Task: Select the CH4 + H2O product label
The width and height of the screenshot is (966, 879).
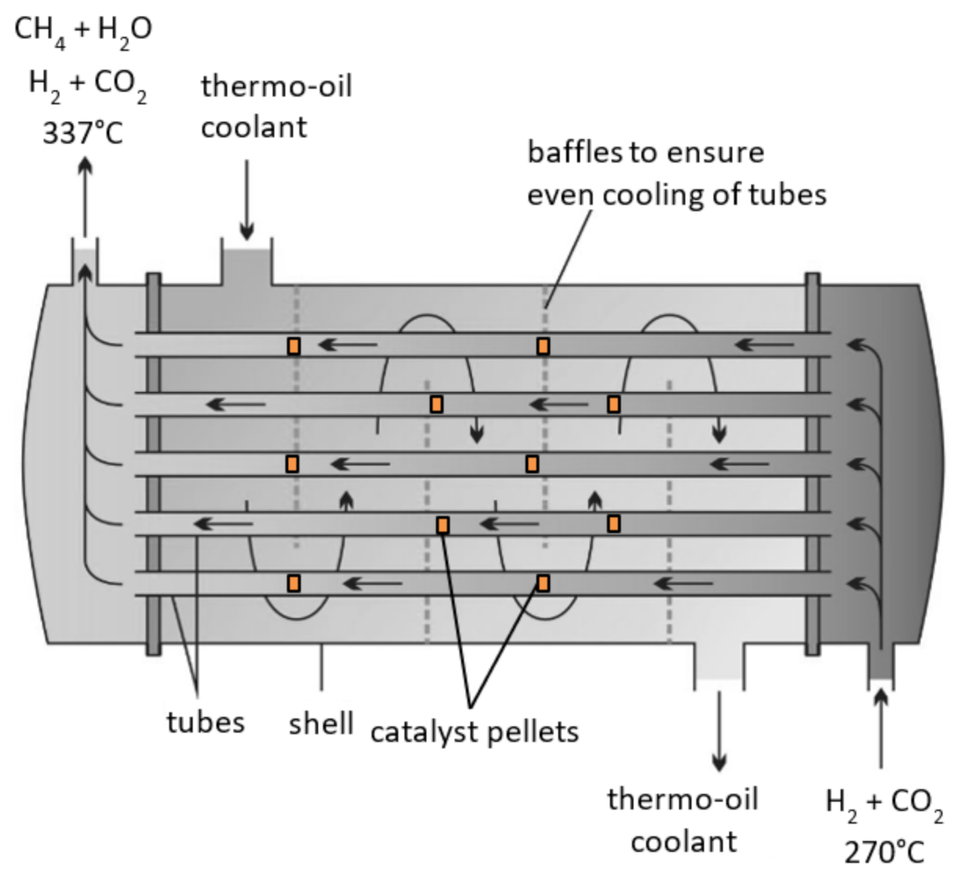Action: tap(84, 30)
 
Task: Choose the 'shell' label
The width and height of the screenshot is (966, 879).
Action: tap(321, 724)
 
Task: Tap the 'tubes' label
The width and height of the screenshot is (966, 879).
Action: tap(205, 723)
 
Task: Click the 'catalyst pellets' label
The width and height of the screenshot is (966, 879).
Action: tap(474, 730)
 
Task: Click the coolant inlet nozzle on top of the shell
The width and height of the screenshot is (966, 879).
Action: tap(246, 265)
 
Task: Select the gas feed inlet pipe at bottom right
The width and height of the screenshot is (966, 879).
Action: tap(881, 664)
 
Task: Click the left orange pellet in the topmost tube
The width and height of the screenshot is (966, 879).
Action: tap(293, 345)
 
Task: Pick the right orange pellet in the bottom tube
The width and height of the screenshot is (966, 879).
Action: tap(543, 583)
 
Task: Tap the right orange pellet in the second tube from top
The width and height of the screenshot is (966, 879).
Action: tap(614, 404)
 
